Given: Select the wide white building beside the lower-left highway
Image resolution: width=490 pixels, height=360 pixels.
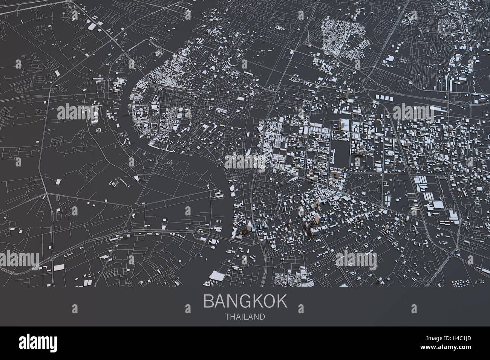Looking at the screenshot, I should coord(58,268).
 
